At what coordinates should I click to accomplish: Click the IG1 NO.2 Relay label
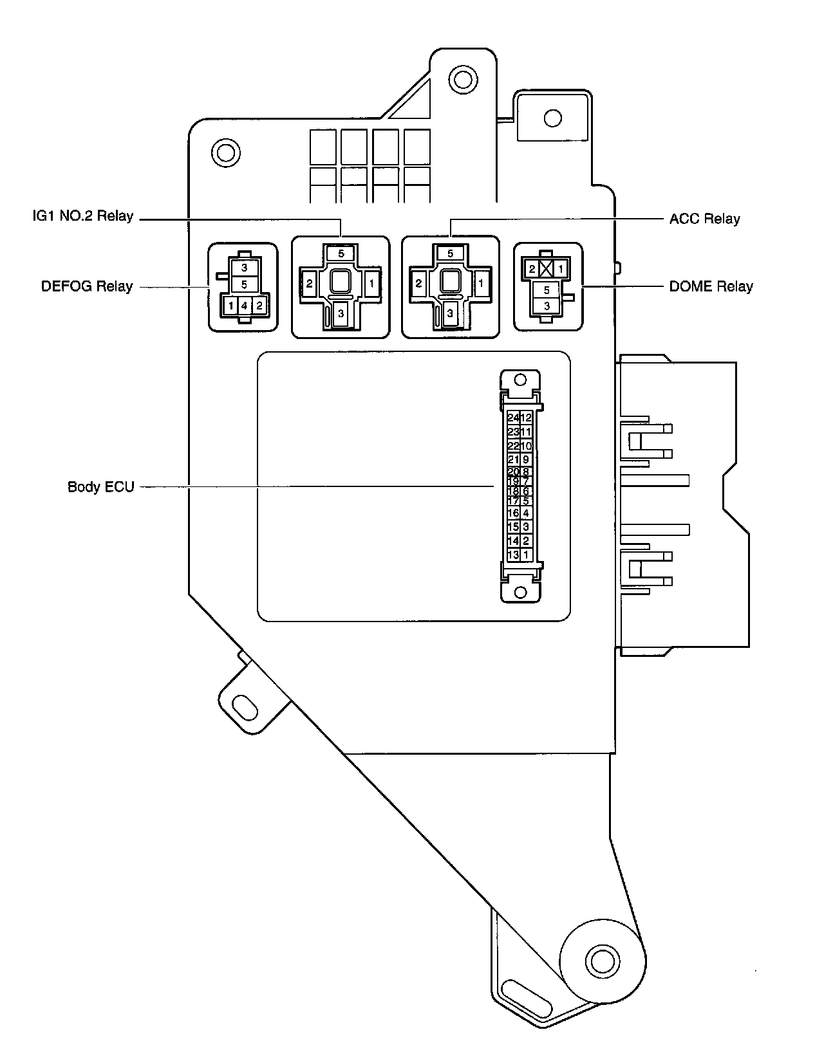tap(83, 216)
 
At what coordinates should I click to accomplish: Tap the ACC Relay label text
tap(704, 219)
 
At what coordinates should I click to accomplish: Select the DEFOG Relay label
tap(87, 286)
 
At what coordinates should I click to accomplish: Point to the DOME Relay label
tap(711, 286)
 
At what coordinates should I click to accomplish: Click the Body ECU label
tap(101, 486)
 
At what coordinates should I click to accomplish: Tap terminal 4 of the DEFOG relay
tap(245, 306)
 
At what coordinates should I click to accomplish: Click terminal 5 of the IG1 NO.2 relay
tap(341, 253)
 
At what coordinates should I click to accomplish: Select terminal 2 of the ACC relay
tap(419, 283)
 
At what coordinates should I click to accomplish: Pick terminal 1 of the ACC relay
tap(481, 283)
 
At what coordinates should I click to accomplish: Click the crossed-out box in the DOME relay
tap(547, 269)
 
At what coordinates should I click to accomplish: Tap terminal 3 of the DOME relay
tap(547, 306)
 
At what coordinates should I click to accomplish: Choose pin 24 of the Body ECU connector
tap(513, 418)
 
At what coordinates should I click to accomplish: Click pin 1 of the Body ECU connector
tap(527, 555)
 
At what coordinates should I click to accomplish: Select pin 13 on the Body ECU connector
tap(513, 555)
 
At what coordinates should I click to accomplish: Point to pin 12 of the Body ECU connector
tap(527, 418)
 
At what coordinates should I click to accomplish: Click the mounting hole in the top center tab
tap(462, 78)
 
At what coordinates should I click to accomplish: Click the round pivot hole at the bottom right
tap(602, 961)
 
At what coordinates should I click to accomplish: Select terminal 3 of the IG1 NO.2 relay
tap(341, 313)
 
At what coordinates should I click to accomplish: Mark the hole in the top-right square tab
tap(552, 118)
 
